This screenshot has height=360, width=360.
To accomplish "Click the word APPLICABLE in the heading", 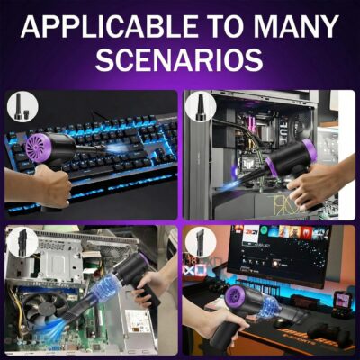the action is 108,26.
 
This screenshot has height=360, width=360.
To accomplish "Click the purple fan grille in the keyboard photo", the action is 37,147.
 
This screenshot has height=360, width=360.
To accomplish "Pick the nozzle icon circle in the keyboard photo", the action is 22,106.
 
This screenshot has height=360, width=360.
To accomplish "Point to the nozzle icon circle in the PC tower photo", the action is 201,106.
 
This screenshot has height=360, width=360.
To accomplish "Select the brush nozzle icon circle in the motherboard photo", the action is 22,242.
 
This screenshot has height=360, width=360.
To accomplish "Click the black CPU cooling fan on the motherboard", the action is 45,309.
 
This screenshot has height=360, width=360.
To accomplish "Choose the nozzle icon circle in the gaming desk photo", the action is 201,242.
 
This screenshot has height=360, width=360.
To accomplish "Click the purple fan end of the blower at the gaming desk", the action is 237,300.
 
